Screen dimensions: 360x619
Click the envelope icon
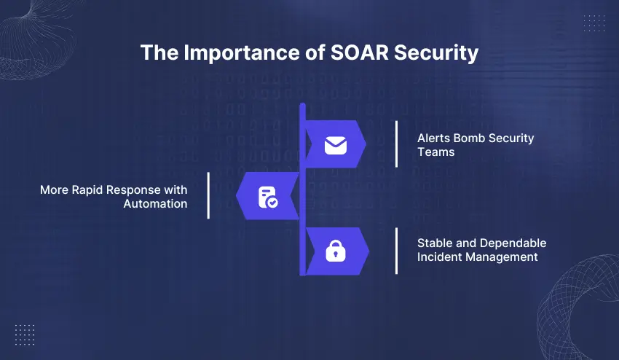click(x=335, y=145)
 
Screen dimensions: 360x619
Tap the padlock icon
click(x=335, y=252)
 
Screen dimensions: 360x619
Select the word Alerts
click(x=433, y=138)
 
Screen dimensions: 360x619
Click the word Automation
click(x=155, y=204)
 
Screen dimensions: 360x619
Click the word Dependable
click(x=510, y=243)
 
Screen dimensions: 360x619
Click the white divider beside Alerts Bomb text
click(x=396, y=144)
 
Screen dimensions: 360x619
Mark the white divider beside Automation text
click(x=208, y=195)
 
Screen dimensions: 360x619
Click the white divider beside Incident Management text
click(x=396, y=251)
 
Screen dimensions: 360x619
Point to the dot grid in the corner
click(x=24, y=334)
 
